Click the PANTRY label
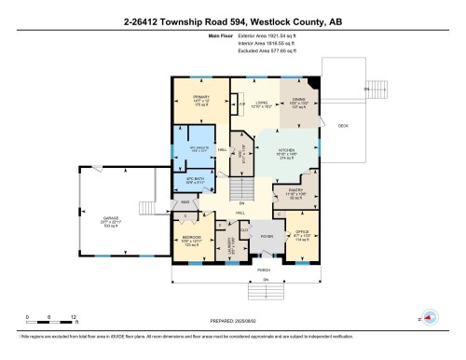[283, 192]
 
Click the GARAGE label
[110, 221]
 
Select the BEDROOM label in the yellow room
[192, 238]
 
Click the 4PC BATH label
[196, 180]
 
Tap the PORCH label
[265, 270]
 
